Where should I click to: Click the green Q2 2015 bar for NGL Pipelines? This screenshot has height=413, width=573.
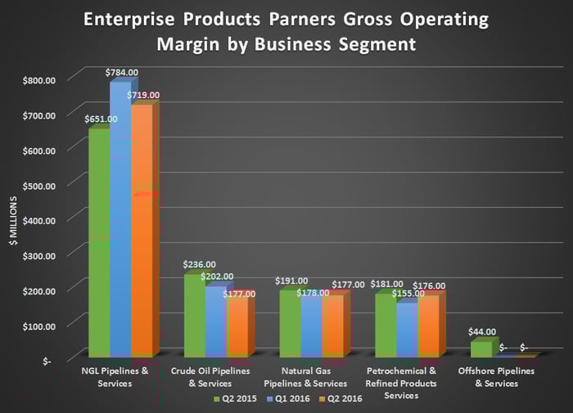[98, 245]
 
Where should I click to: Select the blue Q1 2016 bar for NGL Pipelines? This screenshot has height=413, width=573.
[120, 221]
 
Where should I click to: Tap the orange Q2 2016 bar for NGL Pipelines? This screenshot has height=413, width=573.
[142, 233]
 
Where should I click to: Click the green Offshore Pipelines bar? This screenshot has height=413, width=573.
[481, 349]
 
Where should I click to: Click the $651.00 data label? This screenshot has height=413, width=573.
[101, 119]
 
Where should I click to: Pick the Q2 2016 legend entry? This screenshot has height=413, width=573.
[345, 400]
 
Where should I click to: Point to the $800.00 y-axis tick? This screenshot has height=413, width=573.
[38, 80]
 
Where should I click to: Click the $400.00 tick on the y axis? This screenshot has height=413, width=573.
[38, 220]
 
